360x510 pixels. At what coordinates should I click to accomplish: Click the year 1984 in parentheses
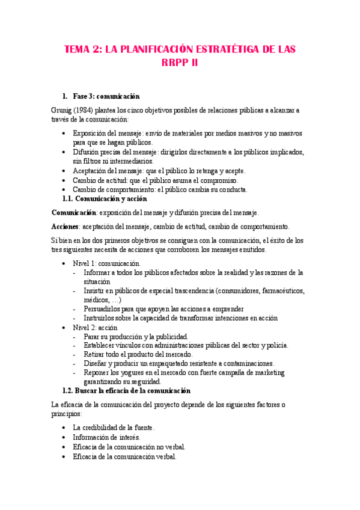click(x=86, y=111)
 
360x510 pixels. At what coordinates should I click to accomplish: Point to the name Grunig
click(x=64, y=111)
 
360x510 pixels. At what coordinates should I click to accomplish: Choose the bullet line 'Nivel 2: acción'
click(x=96, y=327)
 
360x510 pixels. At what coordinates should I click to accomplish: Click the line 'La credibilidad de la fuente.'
click(x=113, y=428)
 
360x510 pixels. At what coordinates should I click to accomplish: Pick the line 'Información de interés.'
click(x=106, y=437)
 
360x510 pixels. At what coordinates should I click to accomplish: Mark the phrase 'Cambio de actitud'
click(x=99, y=180)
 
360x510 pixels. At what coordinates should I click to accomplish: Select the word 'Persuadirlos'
click(x=106, y=309)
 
